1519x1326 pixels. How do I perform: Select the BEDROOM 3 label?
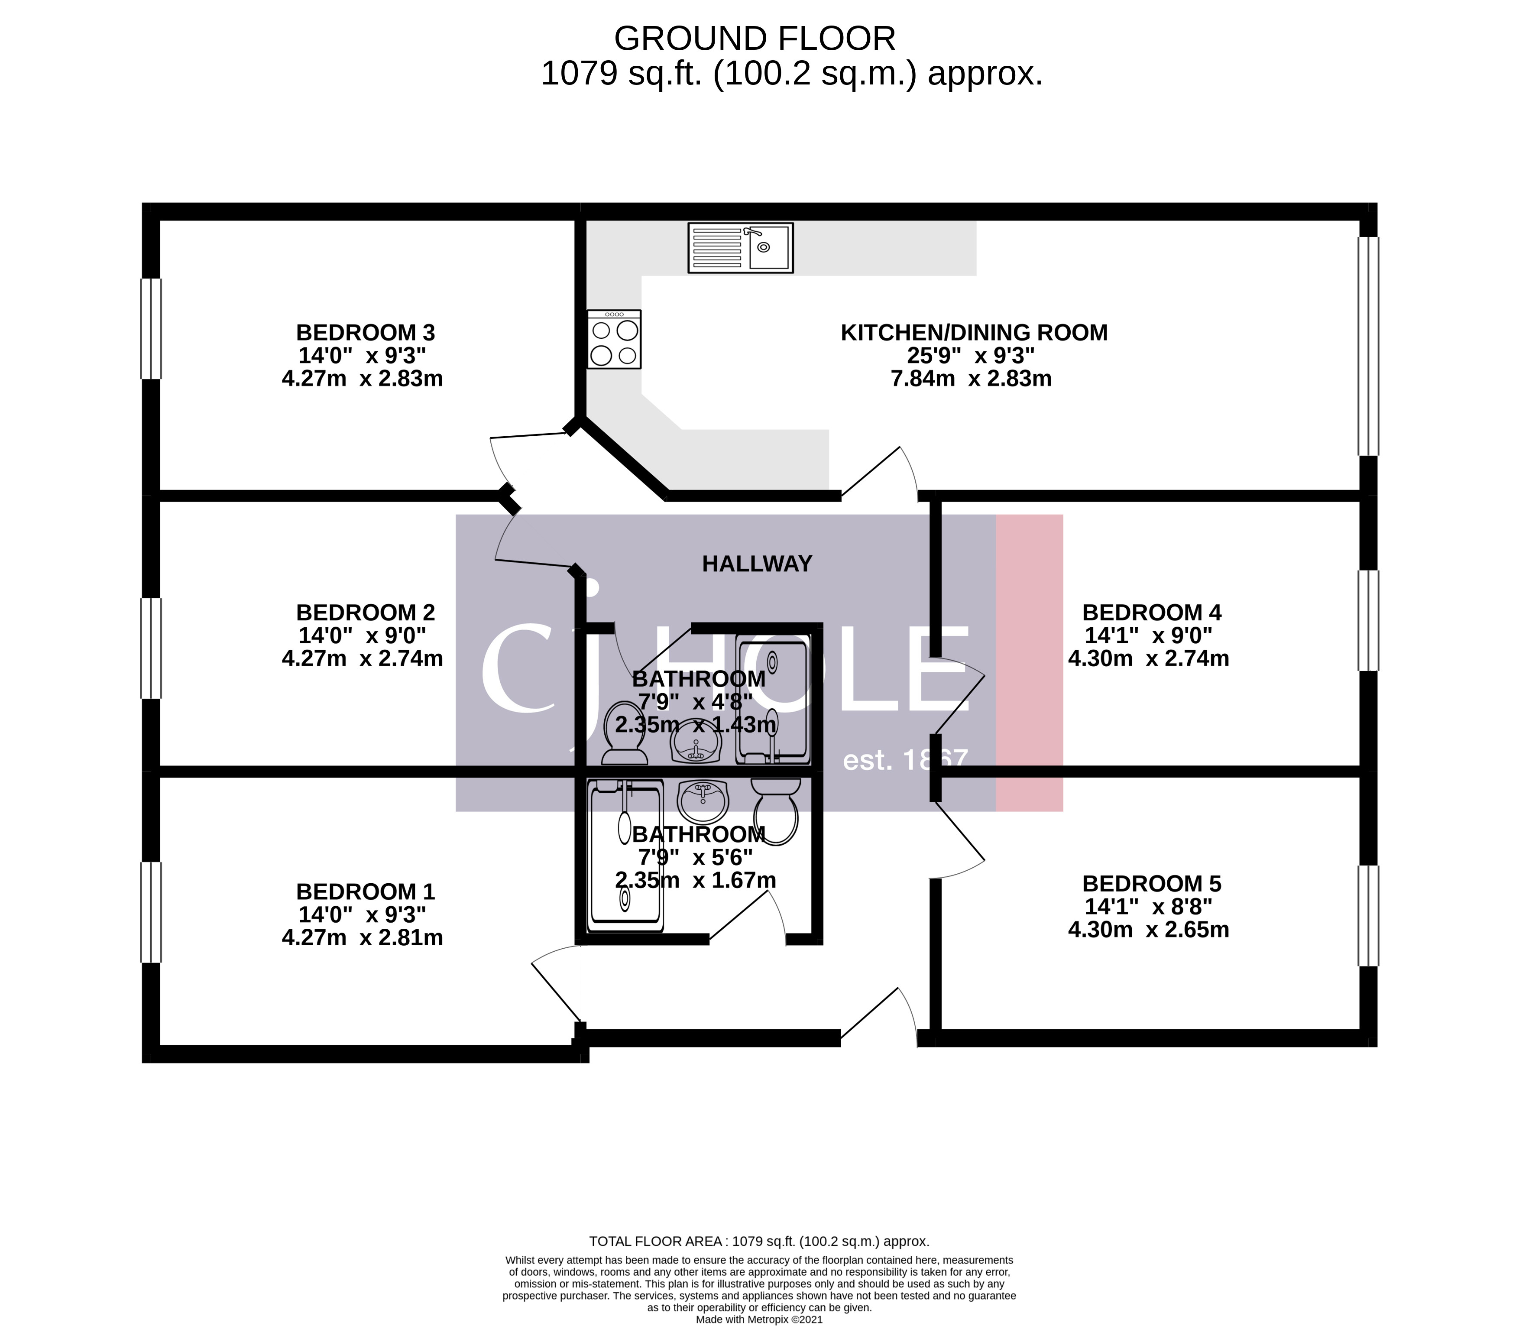tap(366, 332)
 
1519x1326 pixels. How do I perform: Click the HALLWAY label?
tap(757, 564)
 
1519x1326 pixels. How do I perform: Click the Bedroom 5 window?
tap(1368, 915)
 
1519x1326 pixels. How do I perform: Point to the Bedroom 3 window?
tap(151, 328)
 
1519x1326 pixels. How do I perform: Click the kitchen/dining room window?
tap(1368, 346)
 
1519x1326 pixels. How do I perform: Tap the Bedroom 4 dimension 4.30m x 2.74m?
tap(1148, 658)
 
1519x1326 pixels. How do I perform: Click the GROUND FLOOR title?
tap(754, 39)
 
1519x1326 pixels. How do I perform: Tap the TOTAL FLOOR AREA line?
tap(758, 1242)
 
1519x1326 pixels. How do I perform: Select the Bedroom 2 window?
tap(151, 648)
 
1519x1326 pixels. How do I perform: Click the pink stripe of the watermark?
tap(1029, 662)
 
